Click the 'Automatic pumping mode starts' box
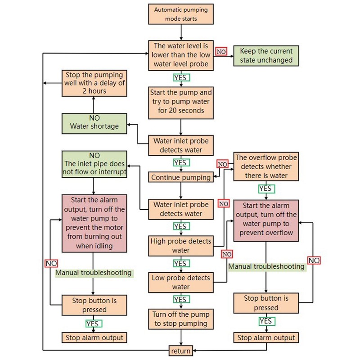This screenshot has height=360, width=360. coord(181,14)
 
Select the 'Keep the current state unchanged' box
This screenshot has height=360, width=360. coord(266,56)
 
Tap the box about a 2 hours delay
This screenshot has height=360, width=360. coord(94,83)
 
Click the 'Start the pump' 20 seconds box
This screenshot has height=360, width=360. coord(181,101)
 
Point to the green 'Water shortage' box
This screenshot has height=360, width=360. coord(94,122)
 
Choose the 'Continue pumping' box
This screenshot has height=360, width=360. coord(181,177)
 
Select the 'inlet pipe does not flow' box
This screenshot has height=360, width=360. coord(94,164)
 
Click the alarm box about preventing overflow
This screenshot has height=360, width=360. coord(266,220)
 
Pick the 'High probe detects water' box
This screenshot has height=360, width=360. coord(181,246)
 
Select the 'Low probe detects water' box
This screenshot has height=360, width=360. coord(181,282)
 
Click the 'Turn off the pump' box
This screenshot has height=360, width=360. coord(181,319)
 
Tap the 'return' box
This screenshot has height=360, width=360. coord(181,351)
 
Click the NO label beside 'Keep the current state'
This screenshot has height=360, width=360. coord(221,52)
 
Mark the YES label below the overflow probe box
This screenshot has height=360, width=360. coord(265,189)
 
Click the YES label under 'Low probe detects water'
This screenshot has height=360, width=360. coord(180,299)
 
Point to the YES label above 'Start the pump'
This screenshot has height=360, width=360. coord(180,77)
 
